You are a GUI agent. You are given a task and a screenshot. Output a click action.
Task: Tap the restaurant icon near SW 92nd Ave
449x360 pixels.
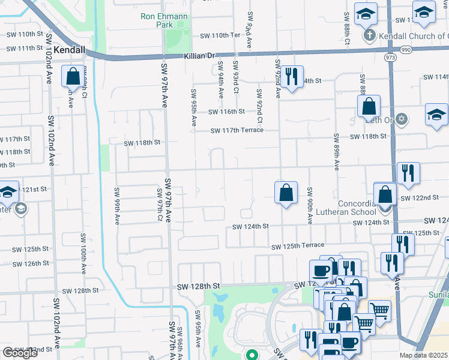click(x=292, y=77)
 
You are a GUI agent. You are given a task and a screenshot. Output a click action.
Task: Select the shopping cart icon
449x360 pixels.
click(x=379, y=309)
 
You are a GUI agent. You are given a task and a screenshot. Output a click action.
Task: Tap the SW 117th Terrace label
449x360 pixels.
click(x=237, y=130)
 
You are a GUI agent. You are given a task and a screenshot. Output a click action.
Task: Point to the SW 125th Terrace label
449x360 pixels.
click(x=297, y=246)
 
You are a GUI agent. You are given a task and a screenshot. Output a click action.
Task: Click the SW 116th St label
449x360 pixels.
click(x=226, y=112)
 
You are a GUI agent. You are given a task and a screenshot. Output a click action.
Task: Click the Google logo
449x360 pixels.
click(x=20, y=353)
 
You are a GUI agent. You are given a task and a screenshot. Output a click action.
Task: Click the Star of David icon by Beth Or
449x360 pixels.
click(x=402, y=119)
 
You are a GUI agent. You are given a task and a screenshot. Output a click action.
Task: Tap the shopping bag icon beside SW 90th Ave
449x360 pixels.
click(x=286, y=193)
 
